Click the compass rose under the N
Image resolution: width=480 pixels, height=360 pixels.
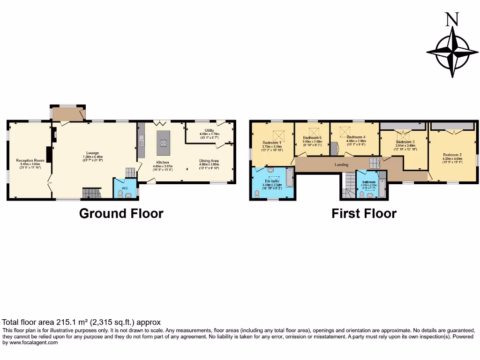[x=453, y=52]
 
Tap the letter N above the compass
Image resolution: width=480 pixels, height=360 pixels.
[x=452, y=20]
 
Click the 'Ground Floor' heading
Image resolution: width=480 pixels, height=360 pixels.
[x=121, y=214]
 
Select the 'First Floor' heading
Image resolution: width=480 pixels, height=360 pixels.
[x=364, y=214]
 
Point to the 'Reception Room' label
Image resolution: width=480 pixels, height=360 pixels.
[x=30, y=160]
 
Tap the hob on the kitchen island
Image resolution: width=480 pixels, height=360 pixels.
[x=163, y=137]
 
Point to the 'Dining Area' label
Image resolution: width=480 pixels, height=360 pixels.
[x=209, y=161]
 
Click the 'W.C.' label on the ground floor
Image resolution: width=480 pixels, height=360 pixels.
[x=125, y=188]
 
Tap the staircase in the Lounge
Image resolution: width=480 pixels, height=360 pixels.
[x=91, y=193]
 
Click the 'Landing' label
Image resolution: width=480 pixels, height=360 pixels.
[x=341, y=165]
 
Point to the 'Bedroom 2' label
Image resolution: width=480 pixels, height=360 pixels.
[x=453, y=155]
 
